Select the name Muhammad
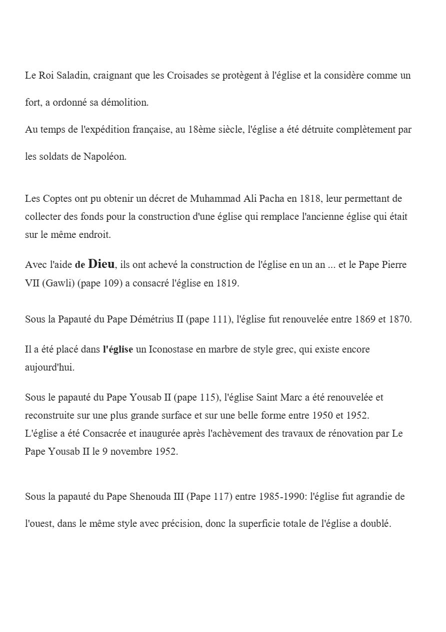[213, 198]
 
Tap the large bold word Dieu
[101, 263]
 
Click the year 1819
[228, 283]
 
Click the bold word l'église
[117, 350]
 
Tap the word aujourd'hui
[49, 368]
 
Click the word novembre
[128, 451]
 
